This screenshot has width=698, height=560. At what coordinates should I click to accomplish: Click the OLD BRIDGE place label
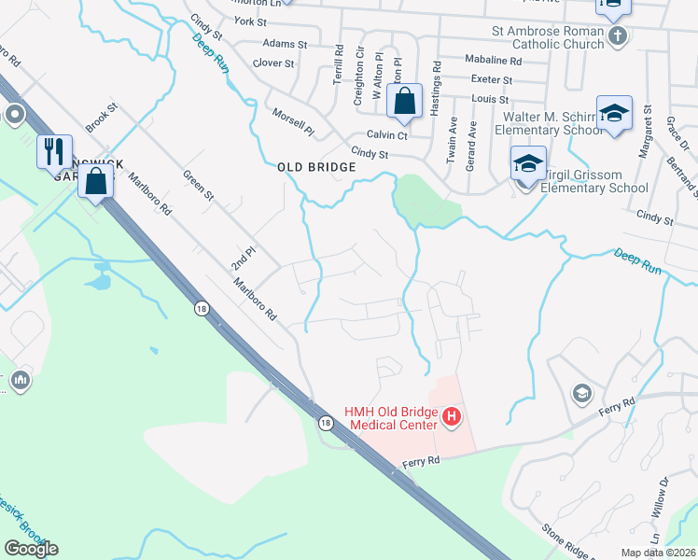tap(317, 167)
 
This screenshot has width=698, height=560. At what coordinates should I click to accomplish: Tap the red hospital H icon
tap(452, 416)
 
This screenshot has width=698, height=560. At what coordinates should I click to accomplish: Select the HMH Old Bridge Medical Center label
tap(392, 419)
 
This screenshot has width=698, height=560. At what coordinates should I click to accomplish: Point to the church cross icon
tap(616, 36)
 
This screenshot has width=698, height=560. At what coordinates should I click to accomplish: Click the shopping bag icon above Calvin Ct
tap(405, 101)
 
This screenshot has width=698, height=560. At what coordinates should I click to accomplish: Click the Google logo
tap(31, 549)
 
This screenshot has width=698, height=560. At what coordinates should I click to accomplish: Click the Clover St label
tap(273, 63)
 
